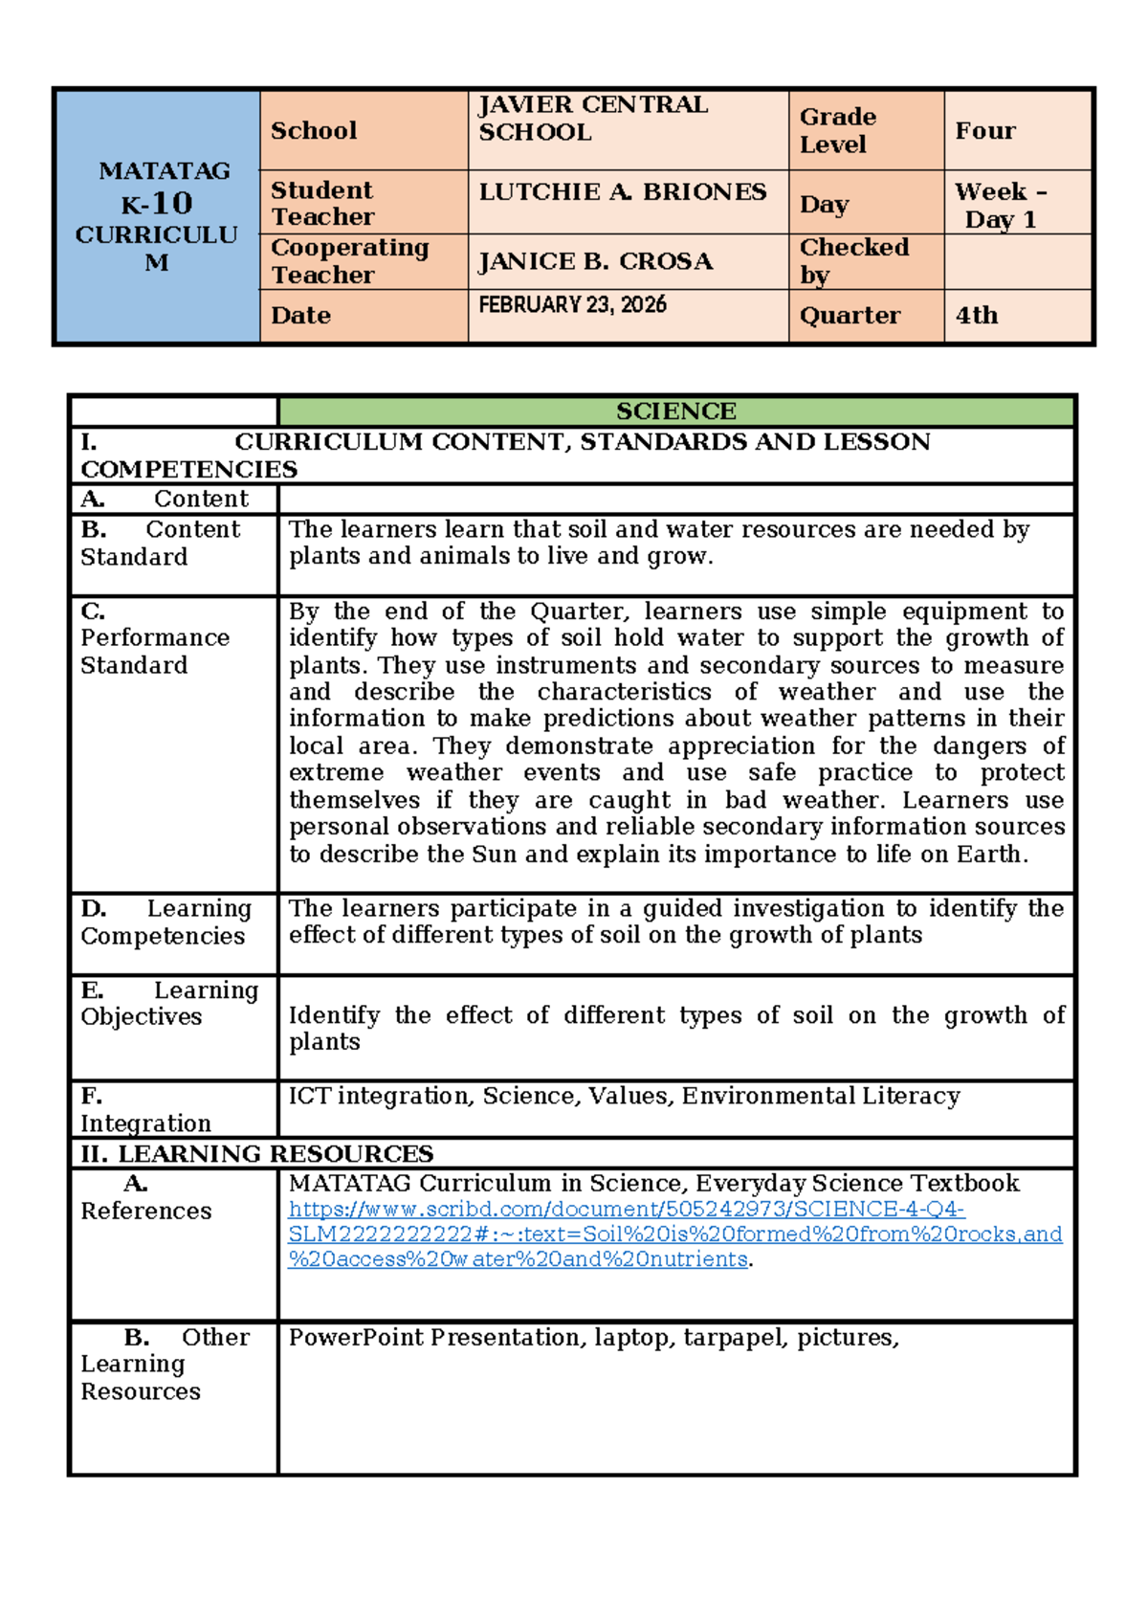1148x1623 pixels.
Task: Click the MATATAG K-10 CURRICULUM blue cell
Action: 158,216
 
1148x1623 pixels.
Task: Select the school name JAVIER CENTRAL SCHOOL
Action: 592,119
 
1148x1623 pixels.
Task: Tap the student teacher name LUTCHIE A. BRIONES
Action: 622,192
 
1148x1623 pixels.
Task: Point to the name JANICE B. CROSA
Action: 595,261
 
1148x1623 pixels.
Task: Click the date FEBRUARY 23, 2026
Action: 572,305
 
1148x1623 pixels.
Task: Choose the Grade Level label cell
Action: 837,130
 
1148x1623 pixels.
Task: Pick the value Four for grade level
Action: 985,131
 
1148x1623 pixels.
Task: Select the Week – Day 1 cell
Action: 1001,205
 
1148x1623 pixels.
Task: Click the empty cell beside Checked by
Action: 1018,261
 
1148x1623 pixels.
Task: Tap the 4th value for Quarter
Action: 976,316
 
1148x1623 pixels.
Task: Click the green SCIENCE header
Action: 675,411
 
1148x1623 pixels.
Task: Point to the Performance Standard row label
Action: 154,638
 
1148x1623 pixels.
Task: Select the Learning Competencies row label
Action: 165,923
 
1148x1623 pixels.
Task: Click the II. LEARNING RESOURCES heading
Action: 256,1154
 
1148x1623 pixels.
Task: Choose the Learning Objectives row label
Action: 168,1004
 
